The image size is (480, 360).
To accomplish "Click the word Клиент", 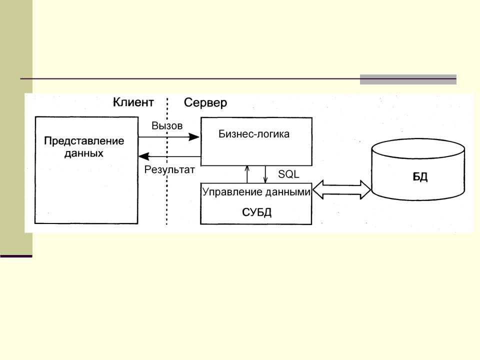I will coord(133,102).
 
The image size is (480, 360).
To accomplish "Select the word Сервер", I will coord(205,103).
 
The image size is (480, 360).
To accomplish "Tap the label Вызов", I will coord(167,125).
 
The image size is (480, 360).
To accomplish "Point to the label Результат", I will coord(169,169).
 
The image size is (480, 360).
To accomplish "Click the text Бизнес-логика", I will coord(254,134).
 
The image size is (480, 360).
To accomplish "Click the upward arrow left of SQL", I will coord(247,174).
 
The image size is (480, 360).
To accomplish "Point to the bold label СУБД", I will coord(256,212).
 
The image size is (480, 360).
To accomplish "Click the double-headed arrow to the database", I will coord(341,190).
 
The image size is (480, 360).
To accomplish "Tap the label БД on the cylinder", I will coord(420,177).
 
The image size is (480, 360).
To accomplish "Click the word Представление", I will coord(84,140).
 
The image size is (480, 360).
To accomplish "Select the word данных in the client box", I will coord(84,153).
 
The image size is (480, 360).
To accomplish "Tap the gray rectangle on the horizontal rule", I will coord(408,79).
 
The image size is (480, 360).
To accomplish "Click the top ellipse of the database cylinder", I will coord(418,148).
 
